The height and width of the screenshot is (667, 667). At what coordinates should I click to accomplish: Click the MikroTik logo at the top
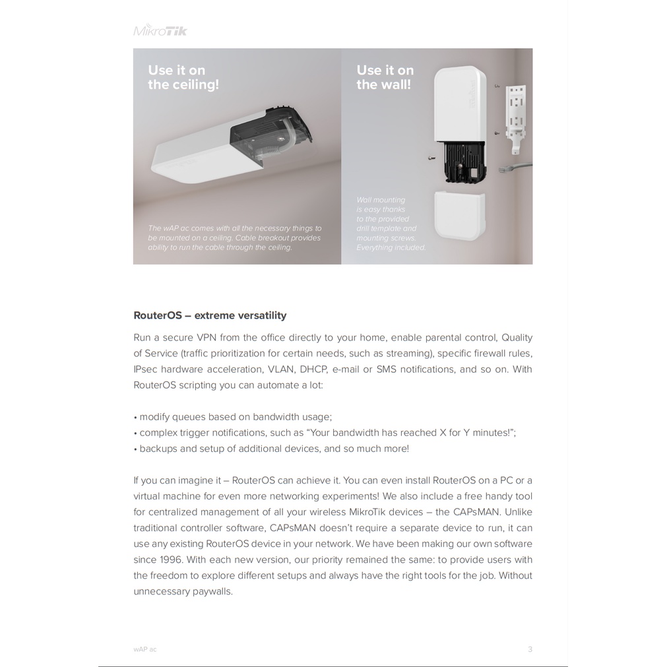point(160,30)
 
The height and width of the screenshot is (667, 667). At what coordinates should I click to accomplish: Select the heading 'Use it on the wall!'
point(385,77)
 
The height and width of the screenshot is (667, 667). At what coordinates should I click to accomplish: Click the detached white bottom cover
point(459,215)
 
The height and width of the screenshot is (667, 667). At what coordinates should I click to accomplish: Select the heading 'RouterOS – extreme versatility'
point(210,315)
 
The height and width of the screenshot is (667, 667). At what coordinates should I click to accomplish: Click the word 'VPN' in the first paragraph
point(206,337)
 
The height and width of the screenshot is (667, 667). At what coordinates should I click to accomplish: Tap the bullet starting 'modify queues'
point(235,417)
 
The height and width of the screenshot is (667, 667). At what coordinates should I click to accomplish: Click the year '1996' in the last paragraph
point(170,559)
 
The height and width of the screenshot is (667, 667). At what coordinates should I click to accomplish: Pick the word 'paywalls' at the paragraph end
point(212,591)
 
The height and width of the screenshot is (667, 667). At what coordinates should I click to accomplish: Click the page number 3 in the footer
point(530,649)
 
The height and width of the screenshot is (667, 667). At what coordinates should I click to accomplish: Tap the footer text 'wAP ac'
point(145,649)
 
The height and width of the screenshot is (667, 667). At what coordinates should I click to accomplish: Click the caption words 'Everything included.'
point(391,247)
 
